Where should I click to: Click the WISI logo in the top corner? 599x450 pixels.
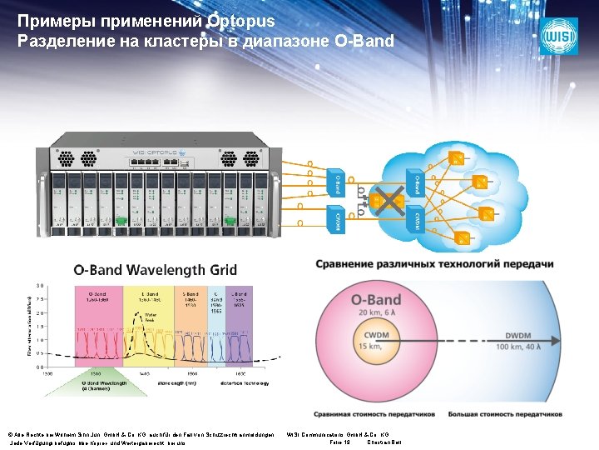(x=557, y=37)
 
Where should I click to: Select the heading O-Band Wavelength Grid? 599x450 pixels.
(x=156, y=270)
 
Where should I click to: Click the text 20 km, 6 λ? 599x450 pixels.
(x=376, y=313)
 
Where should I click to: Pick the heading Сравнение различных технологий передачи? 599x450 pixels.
(x=433, y=264)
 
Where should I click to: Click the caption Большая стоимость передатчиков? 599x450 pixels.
(x=504, y=413)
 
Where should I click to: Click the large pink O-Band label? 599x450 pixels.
(x=375, y=299)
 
